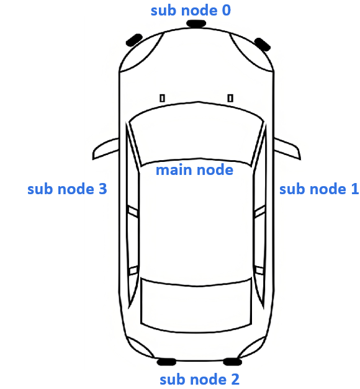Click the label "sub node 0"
(191, 11)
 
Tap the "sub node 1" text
(319, 189)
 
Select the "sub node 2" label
(199, 379)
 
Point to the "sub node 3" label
(67, 189)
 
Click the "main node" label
(194, 169)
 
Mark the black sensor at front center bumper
(196, 24)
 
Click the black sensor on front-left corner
(134, 40)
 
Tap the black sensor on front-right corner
(262, 43)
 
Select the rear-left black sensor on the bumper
(167, 362)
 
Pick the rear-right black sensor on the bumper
(232, 362)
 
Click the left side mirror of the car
(106, 149)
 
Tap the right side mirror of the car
(288, 149)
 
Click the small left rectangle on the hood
(163, 98)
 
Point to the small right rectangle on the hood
(230, 97)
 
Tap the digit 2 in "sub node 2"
(234, 379)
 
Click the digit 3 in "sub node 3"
(102, 189)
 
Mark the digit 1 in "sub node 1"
(354, 189)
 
